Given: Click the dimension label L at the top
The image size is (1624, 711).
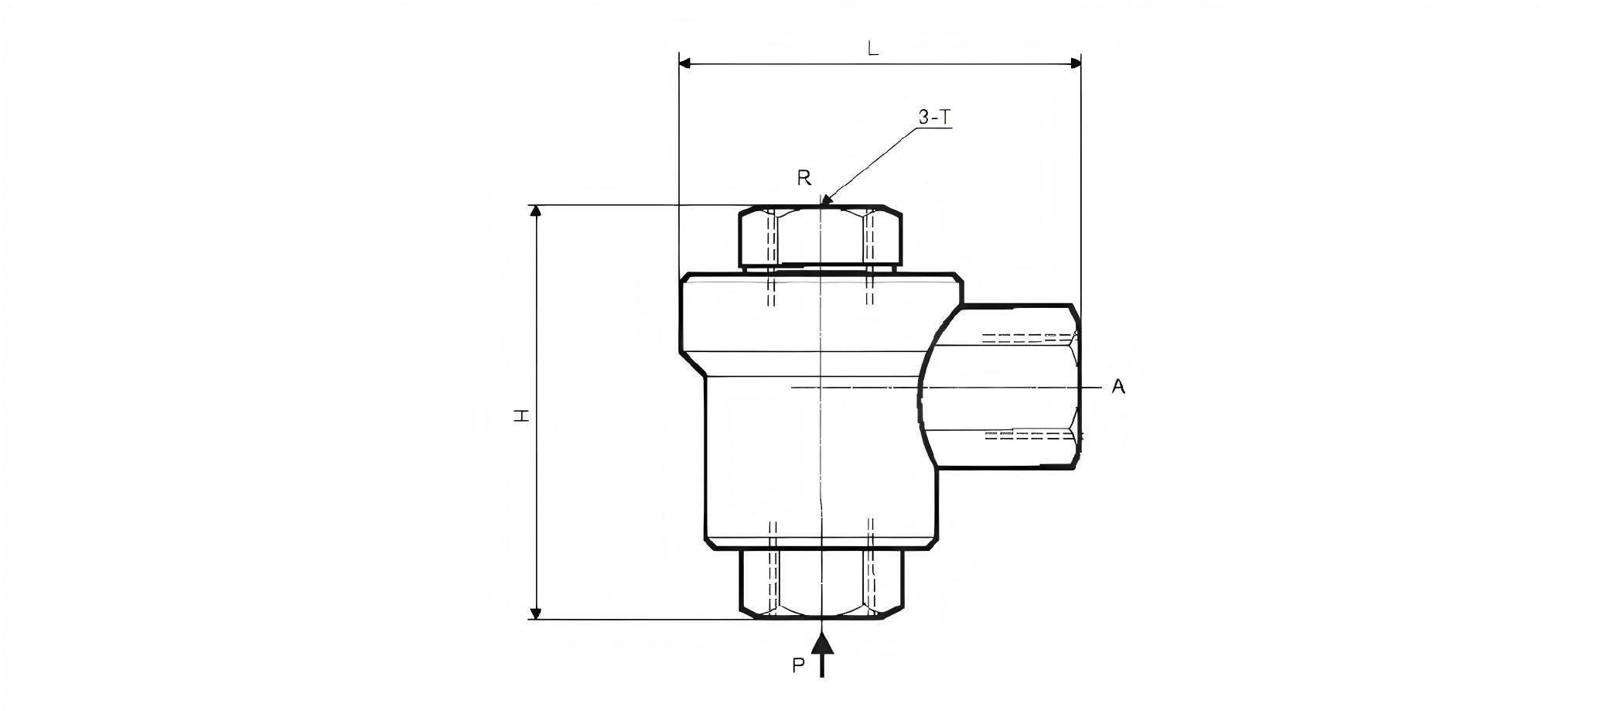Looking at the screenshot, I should (873, 49).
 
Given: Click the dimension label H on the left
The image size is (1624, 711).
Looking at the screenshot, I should (523, 415).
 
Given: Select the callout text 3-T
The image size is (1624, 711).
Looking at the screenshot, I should (934, 117).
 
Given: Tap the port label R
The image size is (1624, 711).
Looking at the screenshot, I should (804, 179).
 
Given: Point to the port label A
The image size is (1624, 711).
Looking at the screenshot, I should (1118, 387).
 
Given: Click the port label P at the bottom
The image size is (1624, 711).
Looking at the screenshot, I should (799, 666).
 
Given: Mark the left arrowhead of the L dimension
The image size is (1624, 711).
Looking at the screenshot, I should (684, 63).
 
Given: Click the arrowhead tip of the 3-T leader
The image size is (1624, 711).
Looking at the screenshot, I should (824, 203).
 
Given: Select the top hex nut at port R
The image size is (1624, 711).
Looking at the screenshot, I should (820, 235).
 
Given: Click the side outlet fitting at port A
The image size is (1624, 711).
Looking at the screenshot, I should (1005, 386).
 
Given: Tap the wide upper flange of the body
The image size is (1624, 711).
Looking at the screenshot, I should (821, 313).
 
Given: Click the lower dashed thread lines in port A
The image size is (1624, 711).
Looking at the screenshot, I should (1029, 436).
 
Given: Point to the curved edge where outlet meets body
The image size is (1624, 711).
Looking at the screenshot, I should (921, 387).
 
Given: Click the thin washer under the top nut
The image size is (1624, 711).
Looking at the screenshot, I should (821, 268).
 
